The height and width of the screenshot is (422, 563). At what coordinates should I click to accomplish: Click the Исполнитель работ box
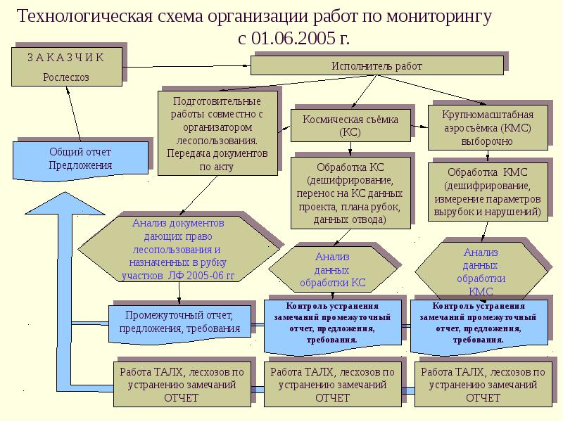point(377,65)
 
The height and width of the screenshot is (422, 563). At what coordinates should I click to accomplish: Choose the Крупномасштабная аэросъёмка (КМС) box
point(487,127)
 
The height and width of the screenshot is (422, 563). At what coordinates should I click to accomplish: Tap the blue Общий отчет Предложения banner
point(80,159)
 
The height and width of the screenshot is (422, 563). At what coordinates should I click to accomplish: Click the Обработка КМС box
point(486,191)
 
